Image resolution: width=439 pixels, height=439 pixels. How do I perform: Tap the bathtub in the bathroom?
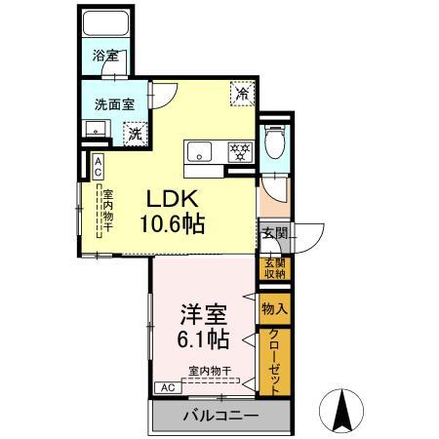(x=107, y=25)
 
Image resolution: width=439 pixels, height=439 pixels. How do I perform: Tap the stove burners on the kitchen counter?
(x=239, y=150)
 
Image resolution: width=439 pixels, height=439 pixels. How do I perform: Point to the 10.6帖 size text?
(x=172, y=223)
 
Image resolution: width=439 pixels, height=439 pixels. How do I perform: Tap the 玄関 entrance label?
(x=273, y=233)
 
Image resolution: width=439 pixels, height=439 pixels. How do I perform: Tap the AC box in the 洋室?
(x=166, y=387)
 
